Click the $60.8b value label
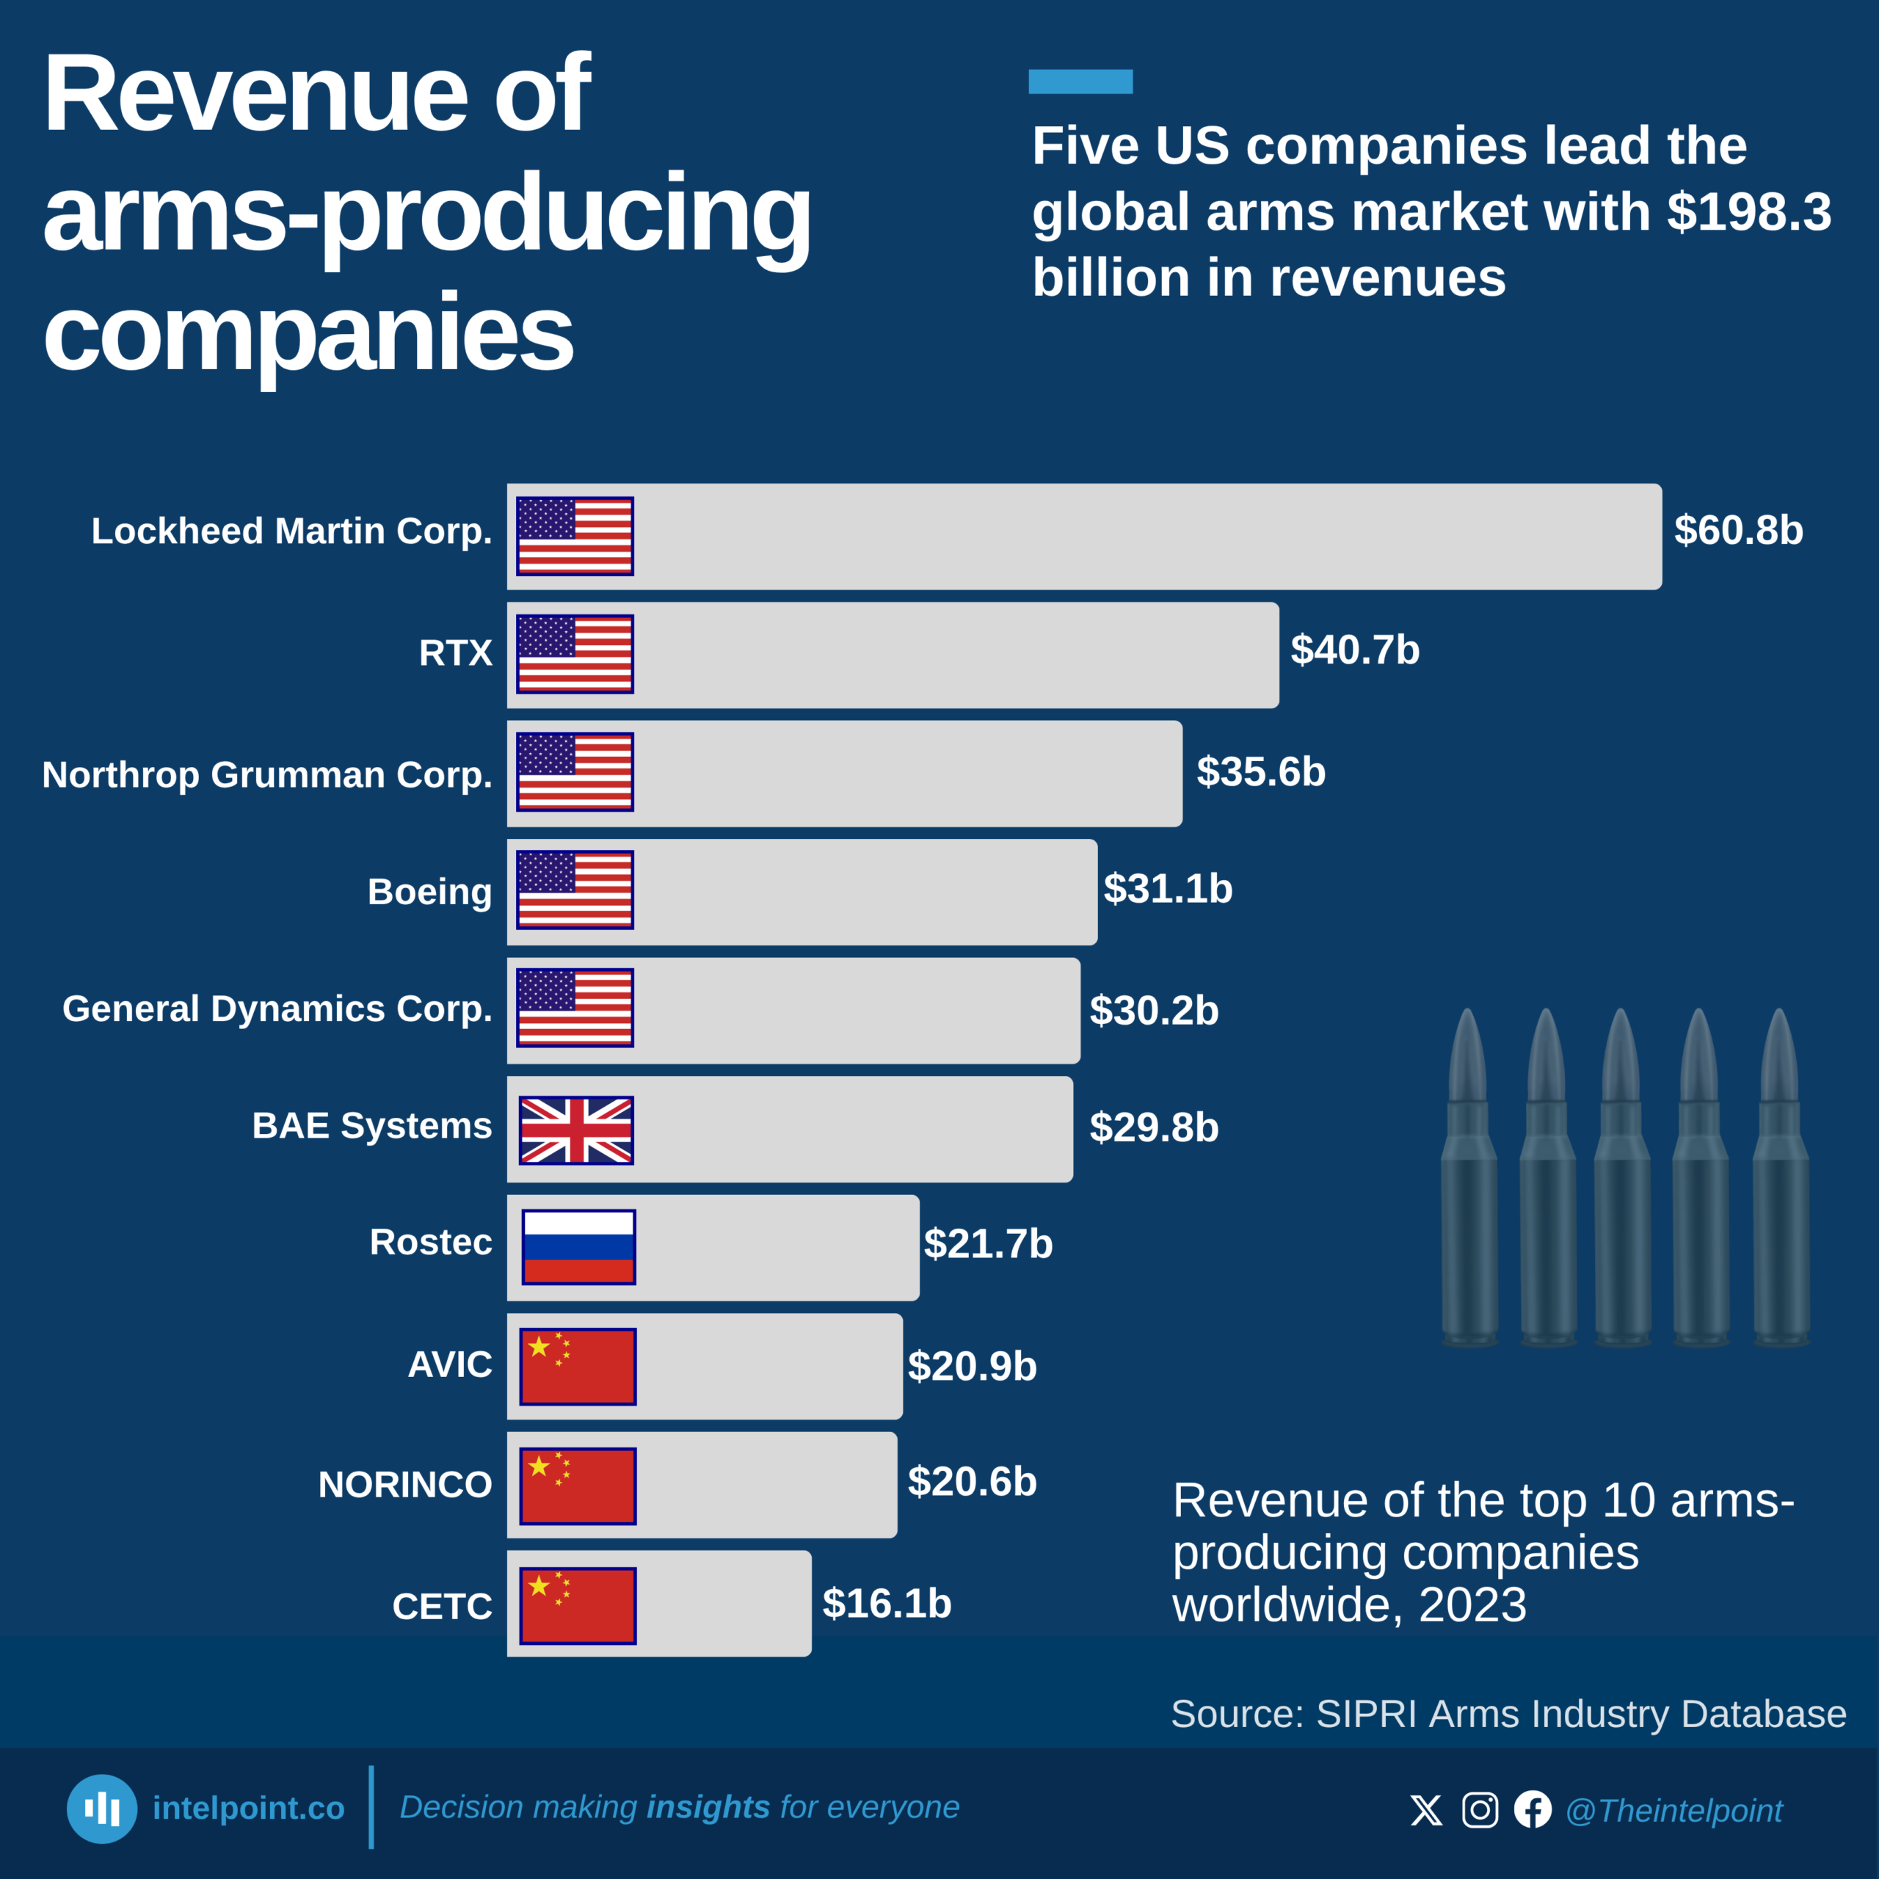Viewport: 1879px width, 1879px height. coord(1738,531)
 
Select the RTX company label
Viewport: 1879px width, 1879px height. coord(455,653)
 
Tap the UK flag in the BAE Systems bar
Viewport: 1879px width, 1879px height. coord(575,1130)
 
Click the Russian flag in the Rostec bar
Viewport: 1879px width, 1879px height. coord(578,1247)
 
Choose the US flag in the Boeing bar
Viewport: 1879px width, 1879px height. coord(575,890)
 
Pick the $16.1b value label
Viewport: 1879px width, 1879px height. coord(886,1604)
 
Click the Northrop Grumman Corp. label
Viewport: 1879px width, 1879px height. coord(266,775)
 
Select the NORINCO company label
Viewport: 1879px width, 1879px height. coord(404,1485)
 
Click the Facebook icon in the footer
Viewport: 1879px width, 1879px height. coord(1533,1810)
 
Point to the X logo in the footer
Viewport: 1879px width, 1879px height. coord(1427,1810)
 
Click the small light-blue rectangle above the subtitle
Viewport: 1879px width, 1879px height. coord(1080,81)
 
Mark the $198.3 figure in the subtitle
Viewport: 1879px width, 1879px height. coord(1748,212)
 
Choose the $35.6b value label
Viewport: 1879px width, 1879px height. coord(1260,772)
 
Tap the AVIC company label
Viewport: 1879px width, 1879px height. coord(449,1364)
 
